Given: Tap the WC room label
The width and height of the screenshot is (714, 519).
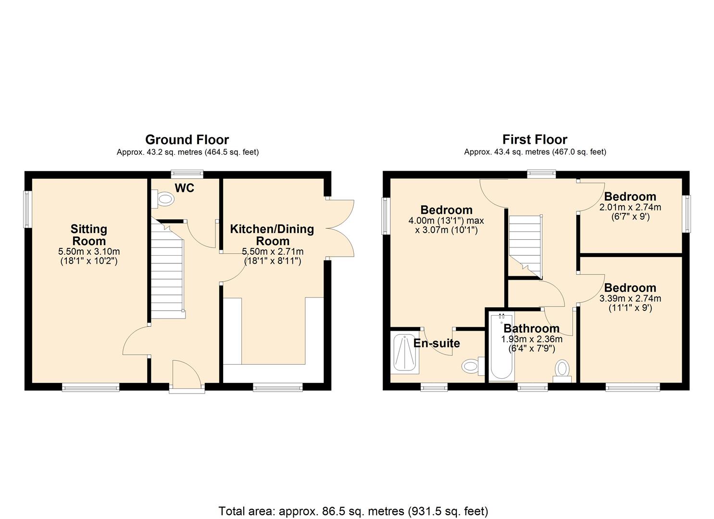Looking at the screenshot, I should pyautogui.click(x=185, y=188).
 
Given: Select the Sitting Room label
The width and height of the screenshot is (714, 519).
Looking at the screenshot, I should pyautogui.click(x=89, y=235).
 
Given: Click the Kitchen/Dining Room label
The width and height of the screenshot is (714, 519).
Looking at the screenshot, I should pyautogui.click(x=272, y=235).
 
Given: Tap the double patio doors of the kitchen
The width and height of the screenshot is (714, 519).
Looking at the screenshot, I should pyautogui.click(x=341, y=229).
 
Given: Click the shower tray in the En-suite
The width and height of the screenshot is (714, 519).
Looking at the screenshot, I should pyautogui.click(x=405, y=353).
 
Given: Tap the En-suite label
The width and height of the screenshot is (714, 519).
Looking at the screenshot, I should pyautogui.click(x=437, y=344).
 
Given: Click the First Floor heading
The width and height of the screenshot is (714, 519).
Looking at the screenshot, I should pyautogui.click(x=535, y=140).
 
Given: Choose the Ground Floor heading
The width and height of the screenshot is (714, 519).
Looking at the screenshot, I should pyautogui.click(x=187, y=140).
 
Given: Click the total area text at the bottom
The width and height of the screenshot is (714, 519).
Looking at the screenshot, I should pyautogui.click(x=353, y=510).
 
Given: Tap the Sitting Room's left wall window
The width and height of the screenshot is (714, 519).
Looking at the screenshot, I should pyautogui.click(x=27, y=209).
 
